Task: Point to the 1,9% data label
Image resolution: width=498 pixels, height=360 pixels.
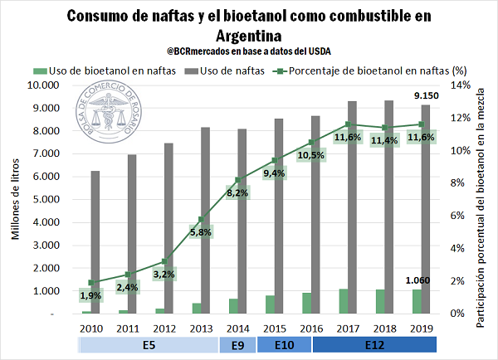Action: pyautogui.click(x=91, y=295)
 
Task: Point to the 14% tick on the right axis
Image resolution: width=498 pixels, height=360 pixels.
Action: pyautogui.click(x=461, y=85)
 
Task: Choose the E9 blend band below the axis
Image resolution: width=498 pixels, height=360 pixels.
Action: pyautogui.click(x=237, y=345)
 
